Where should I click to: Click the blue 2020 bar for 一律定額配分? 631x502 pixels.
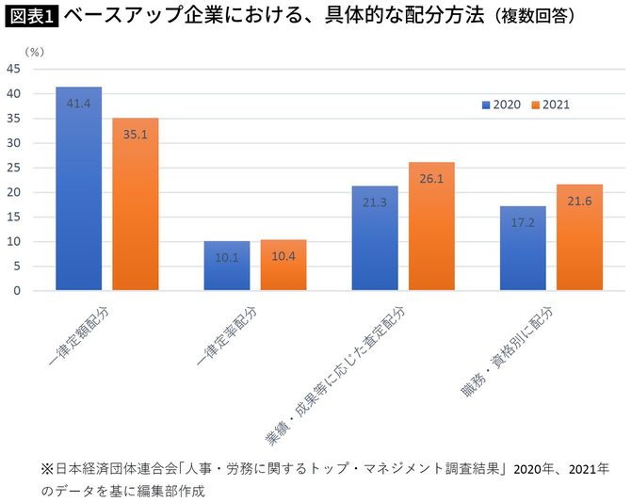point(78,188)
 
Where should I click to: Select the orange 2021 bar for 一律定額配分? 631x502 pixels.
point(136,203)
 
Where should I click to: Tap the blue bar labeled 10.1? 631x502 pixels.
point(227,266)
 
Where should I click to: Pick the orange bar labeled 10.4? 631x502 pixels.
point(283,265)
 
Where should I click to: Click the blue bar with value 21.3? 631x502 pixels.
point(375,237)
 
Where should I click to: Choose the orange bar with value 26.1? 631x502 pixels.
point(431,226)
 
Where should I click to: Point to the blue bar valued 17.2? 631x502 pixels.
point(523,248)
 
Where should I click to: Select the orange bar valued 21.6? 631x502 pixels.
point(579,237)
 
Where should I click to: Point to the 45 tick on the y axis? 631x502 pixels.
point(14,69)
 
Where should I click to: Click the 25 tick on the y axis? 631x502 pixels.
point(14,168)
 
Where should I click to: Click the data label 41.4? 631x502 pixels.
point(78,102)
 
